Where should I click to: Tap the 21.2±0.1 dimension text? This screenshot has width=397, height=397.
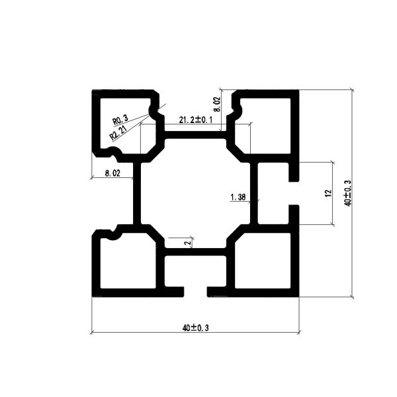pos(195,120)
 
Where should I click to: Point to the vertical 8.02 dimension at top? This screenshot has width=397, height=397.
pos(217,105)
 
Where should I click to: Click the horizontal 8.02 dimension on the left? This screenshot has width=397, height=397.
pos(112,173)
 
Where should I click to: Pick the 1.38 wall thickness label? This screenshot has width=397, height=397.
pos(238,197)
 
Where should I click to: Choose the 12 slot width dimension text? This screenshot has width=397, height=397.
pos(328,193)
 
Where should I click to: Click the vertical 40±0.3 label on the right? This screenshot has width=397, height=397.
pos(348,193)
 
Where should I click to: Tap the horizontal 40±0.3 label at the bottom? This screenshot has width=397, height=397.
pos(195,328)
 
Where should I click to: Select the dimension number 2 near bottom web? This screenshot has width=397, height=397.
pos(188,243)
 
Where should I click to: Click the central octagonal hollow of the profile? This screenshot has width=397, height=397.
pos(195,193)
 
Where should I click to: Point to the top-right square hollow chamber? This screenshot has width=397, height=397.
pos(263,126)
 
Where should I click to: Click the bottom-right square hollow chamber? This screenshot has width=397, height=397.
pos(263,261)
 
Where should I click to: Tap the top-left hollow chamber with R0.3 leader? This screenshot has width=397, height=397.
pos(126,124)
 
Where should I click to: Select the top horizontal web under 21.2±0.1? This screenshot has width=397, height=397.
pos(195,135)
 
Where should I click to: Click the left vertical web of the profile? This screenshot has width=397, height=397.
pos(137,193)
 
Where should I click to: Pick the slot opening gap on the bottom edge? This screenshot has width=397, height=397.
pos(195,292)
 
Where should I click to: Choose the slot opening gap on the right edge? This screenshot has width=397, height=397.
pos(294,193)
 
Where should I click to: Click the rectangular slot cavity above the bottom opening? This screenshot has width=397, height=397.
pos(195,271)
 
